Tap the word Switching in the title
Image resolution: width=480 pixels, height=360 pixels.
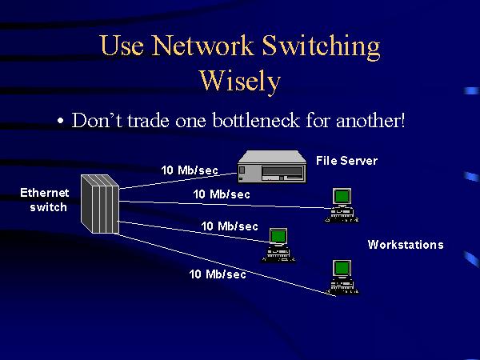(x=322, y=47)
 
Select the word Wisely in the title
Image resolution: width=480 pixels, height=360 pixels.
(x=239, y=81)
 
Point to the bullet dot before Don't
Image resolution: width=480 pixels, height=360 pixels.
(x=60, y=122)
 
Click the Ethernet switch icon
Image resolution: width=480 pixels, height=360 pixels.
(x=100, y=203)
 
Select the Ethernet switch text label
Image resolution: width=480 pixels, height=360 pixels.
(x=45, y=199)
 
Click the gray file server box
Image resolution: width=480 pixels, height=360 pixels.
(x=272, y=167)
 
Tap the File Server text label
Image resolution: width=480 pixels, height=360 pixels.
(x=346, y=161)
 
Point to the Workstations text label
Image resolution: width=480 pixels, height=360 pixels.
(x=405, y=245)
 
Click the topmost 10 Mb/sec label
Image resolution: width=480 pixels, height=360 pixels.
(x=190, y=170)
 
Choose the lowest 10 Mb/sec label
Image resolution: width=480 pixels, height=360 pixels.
(x=217, y=274)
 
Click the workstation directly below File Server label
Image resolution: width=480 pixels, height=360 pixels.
(x=342, y=205)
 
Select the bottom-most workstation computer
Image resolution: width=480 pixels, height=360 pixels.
(x=342, y=277)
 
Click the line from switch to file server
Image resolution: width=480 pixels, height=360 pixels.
(x=176, y=178)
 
